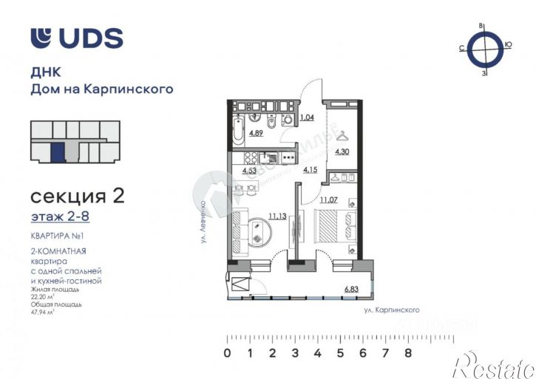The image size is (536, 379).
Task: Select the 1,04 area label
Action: point(308,117)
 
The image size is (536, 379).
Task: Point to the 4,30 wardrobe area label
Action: point(342,152)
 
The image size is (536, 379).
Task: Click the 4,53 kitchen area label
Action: point(250,172)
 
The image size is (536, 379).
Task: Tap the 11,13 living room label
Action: point(257,216)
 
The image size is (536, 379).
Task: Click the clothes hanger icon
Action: point(343,135)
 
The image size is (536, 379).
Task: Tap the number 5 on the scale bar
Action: point(340,353)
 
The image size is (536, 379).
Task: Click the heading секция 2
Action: point(77,197)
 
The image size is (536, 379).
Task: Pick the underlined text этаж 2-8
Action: point(61,217)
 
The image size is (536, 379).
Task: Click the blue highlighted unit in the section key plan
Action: point(57,154)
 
